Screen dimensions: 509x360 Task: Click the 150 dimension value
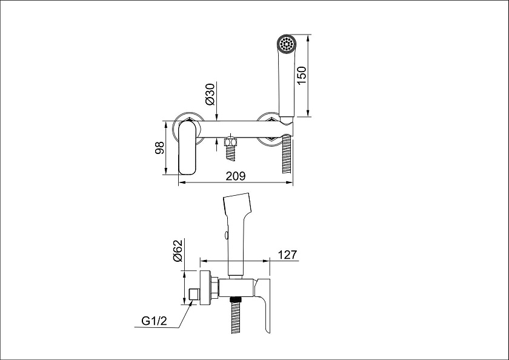pos(302,75)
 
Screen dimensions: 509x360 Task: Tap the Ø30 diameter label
pos(210,94)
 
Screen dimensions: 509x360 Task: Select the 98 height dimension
pos(159,148)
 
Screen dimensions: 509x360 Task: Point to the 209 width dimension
pos(236,176)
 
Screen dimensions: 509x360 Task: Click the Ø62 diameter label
pos(178,250)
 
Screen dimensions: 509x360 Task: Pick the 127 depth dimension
pos(288,255)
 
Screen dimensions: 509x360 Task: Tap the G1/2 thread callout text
pos(154,321)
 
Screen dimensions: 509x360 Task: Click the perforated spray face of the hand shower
pos(286,44)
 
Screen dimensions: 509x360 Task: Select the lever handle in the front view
pos(187,147)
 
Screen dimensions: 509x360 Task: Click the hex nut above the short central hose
pos(231,142)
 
